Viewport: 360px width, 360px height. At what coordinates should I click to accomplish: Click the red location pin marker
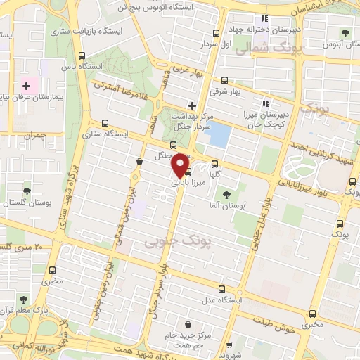coord(181,165)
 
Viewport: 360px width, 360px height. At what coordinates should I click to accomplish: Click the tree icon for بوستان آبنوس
coord(345,32)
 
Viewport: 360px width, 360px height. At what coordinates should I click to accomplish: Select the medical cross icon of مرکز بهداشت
coord(191,105)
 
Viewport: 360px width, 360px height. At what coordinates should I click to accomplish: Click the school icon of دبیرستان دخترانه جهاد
coord(264,18)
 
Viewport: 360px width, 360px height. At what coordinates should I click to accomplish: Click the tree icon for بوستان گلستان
coord(27,191)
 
